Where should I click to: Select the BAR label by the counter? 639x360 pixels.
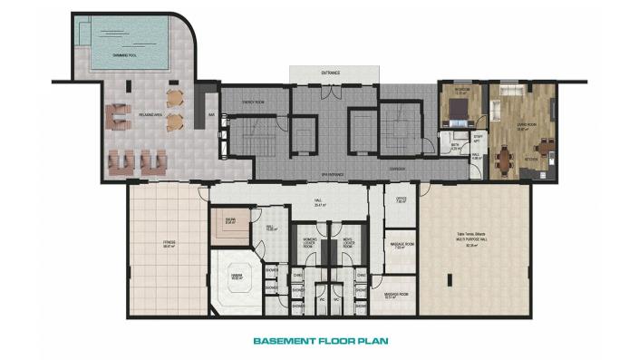pyautogui.click(x=210, y=115)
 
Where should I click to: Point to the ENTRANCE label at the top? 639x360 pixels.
pyautogui.click(x=331, y=72)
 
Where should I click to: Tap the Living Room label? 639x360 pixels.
pyautogui.click(x=522, y=128)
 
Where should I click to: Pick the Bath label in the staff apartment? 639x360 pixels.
pyautogui.click(x=456, y=145)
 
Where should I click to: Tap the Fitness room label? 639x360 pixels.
pyautogui.click(x=169, y=243)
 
